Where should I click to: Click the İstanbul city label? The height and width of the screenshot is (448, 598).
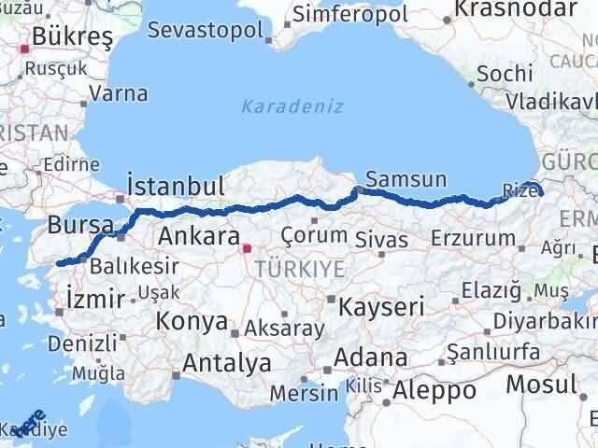175,184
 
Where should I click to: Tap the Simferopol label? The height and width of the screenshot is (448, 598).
346,15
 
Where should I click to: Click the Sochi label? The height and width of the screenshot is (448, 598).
505,74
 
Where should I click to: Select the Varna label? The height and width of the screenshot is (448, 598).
118,93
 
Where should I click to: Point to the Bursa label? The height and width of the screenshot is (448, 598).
80,225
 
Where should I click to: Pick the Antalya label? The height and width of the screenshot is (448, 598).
227,362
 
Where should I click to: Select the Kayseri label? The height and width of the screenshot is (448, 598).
382,306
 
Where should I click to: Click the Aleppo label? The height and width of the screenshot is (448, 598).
435,389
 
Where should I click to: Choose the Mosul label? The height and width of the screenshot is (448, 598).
541,383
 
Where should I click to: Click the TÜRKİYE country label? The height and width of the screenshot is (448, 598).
302,269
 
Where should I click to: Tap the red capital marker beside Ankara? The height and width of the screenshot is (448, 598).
247,249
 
